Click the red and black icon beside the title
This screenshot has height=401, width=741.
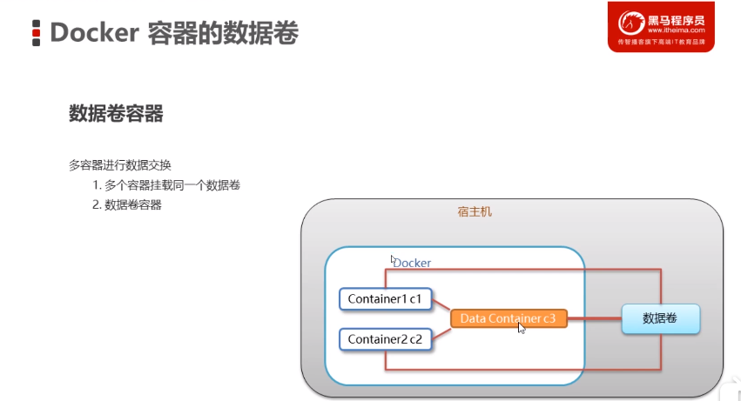pos(37,33)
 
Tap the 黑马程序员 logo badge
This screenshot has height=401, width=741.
pos(661,26)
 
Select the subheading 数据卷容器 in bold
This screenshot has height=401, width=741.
pos(116,114)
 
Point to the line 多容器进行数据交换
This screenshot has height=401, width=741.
pos(120,164)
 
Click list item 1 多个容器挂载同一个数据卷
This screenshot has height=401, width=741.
pos(166,185)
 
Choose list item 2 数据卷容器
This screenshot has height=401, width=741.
pos(127,205)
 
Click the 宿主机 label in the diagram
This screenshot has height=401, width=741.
pos(475,211)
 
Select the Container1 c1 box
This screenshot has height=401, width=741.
pos(384,298)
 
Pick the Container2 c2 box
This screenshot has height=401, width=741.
pos(384,338)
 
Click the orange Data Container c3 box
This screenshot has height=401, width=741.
pos(508,318)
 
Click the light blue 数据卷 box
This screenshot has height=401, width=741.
pos(660,318)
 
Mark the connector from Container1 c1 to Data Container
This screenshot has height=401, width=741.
pos(441,307)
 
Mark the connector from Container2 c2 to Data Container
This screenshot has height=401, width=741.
pos(441,330)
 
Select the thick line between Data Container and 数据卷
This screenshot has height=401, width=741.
pos(594,318)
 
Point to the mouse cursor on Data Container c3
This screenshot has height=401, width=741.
pos(522,328)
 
